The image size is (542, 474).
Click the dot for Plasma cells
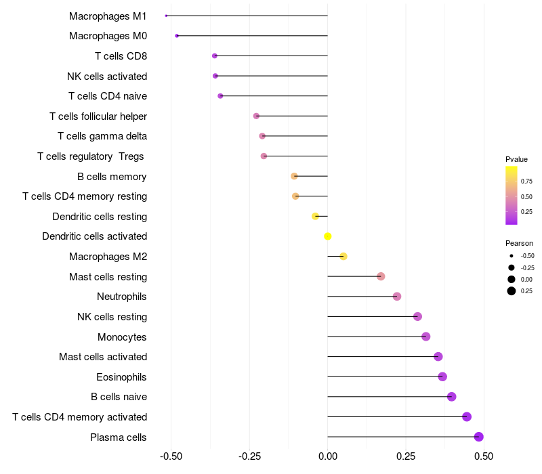tap(479, 437)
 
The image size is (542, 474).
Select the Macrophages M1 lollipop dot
tap(166, 16)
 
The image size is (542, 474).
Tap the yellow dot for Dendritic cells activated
tap(328, 236)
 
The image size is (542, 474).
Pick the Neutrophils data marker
tap(397, 297)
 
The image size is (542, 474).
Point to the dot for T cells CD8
tap(215, 56)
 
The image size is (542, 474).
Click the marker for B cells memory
tap(294, 176)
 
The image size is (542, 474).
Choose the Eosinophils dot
tap(442, 376)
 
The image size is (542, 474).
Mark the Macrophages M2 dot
tap(343, 256)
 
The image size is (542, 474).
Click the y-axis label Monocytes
tap(122, 337)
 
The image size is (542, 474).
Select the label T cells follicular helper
tap(98, 116)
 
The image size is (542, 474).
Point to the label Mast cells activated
tap(103, 357)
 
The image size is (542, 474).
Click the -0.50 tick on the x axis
tap(171, 456)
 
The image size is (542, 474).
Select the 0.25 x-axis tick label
tap(406, 456)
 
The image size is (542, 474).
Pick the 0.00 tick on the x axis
tap(328, 456)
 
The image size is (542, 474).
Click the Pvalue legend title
tap(516, 159)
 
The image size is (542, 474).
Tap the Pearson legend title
tap(519, 243)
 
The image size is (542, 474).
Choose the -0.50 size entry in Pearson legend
tap(527, 256)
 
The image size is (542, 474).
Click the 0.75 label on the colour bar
tap(526, 181)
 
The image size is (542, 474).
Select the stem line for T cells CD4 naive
tap(274, 96)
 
